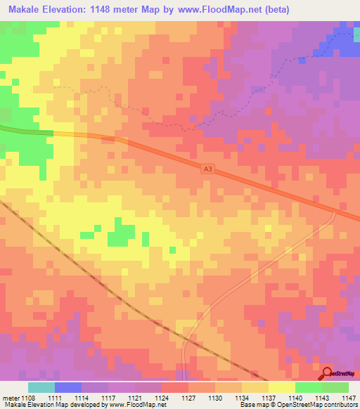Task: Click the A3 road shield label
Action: (207, 169)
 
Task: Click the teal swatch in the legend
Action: (41, 387)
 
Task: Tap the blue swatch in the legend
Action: (68, 387)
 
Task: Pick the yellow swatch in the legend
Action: (282, 387)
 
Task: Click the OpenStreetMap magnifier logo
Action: (328, 373)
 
